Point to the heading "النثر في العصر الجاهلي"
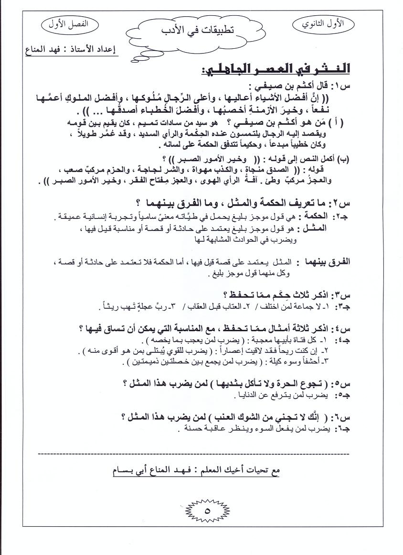[x=276, y=68]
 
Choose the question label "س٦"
[x=346, y=416]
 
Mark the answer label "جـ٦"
[x=343, y=429]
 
